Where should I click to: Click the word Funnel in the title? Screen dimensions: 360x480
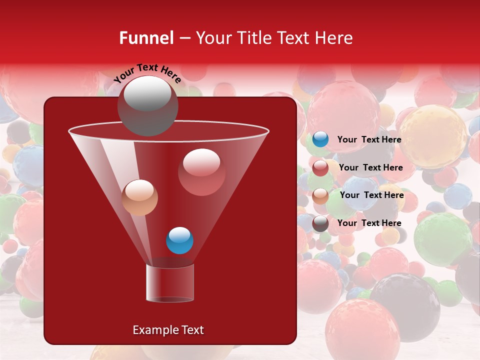pos(146,38)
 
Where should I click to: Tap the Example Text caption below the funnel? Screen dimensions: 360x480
pos(168,330)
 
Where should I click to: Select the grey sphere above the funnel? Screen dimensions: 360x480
pos(147,105)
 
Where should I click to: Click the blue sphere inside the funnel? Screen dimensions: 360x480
pos(179,240)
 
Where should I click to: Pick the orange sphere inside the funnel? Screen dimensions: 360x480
pos(140,197)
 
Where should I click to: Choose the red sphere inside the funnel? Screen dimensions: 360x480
pos(201,172)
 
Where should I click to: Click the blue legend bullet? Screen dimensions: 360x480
pos(320,139)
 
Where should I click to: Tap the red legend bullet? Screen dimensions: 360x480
pos(320,168)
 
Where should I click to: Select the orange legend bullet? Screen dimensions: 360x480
pos(320,196)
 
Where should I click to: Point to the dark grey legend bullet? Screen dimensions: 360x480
pos(320,223)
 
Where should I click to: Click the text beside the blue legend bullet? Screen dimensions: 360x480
pos(369,140)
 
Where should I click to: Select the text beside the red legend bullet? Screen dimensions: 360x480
pos(370,168)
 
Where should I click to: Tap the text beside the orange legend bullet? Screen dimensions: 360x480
pos(371,195)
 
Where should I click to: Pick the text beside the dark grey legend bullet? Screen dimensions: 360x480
pos(369,223)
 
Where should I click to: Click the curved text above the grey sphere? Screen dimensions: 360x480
pos(147,72)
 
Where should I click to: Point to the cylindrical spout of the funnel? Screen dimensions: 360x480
pos(170,283)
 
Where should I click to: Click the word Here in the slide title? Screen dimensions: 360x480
pos(334,38)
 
